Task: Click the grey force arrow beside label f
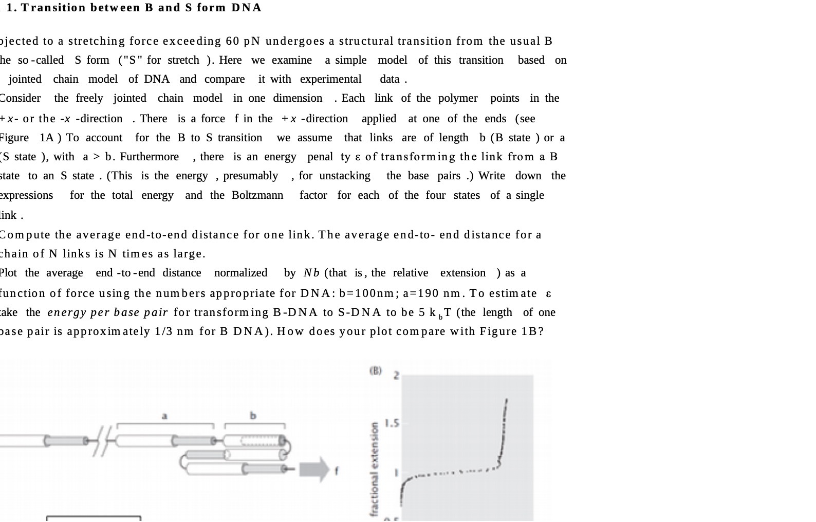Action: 314,469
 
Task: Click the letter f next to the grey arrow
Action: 337,469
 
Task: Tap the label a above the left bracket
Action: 164,416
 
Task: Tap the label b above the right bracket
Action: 253,416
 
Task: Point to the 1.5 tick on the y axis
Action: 392,423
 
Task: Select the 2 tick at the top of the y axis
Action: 396,376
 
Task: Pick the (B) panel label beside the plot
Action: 376,370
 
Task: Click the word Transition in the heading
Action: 53,8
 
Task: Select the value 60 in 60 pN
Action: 232,41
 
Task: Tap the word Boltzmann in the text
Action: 257,195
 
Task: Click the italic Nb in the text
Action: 311,273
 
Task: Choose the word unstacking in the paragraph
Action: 344,176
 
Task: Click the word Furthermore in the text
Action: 149,157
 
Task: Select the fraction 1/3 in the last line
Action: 164,331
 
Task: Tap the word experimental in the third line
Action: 330,79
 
